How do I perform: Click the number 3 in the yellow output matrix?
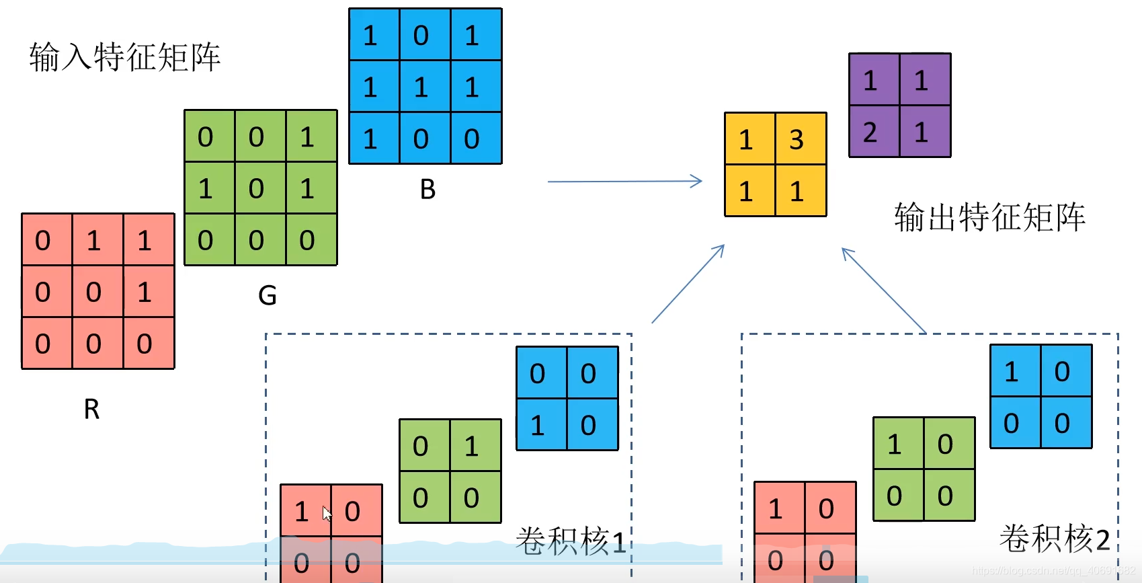(x=797, y=140)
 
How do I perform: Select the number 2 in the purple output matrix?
(x=870, y=132)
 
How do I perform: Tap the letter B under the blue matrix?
(x=427, y=190)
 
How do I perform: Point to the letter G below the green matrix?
(x=268, y=295)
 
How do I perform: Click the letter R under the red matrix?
(x=91, y=409)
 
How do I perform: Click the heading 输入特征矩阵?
(x=125, y=57)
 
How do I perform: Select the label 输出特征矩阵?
(x=989, y=217)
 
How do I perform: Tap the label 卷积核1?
(x=571, y=541)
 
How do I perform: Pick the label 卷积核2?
(x=1054, y=539)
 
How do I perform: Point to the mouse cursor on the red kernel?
(x=327, y=513)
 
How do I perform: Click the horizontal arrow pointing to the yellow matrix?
(x=625, y=181)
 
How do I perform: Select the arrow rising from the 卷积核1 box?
(x=688, y=283)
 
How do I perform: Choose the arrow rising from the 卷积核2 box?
(x=884, y=290)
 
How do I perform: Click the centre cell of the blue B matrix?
(x=421, y=87)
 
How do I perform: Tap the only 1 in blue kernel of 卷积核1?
(x=537, y=425)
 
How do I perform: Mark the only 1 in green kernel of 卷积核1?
(x=471, y=446)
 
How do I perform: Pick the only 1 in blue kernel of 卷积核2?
(x=1011, y=371)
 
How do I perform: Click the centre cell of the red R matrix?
(x=93, y=292)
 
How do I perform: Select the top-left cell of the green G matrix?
(x=206, y=137)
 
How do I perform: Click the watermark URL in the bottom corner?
(x=1053, y=571)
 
